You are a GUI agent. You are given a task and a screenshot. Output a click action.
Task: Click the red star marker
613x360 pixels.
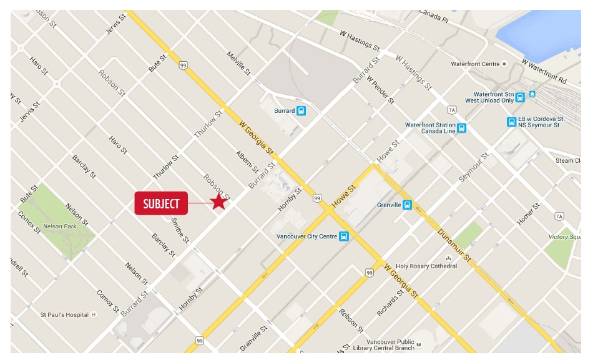pyautogui.click(x=218, y=202)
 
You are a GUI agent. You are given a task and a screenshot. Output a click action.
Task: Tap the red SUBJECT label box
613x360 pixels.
pyautogui.click(x=161, y=203)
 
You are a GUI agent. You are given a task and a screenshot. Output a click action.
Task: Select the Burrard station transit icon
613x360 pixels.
pyautogui.click(x=302, y=111)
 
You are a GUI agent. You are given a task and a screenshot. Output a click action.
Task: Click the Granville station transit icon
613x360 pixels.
pyautogui.click(x=407, y=205)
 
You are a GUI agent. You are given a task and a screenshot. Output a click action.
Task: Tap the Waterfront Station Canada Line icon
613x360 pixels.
pyautogui.click(x=461, y=129)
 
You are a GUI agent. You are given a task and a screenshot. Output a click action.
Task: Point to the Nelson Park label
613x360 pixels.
pyautogui.click(x=59, y=226)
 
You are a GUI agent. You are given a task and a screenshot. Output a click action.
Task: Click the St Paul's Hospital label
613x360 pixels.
pyautogui.click(x=66, y=314)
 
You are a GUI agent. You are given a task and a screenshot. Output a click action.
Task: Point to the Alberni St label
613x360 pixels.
pyautogui.click(x=247, y=161)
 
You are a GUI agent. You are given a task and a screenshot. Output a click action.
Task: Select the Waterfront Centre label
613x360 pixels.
pyautogui.click(x=476, y=64)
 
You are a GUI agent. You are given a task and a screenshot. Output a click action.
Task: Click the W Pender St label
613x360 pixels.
pyautogui.click(x=381, y=89)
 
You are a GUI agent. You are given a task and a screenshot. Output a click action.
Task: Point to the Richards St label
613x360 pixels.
pyautogui.click(x=388, y=302)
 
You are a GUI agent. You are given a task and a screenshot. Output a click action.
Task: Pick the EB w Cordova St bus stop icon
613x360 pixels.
pyautogui.click(x=511, y=122)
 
